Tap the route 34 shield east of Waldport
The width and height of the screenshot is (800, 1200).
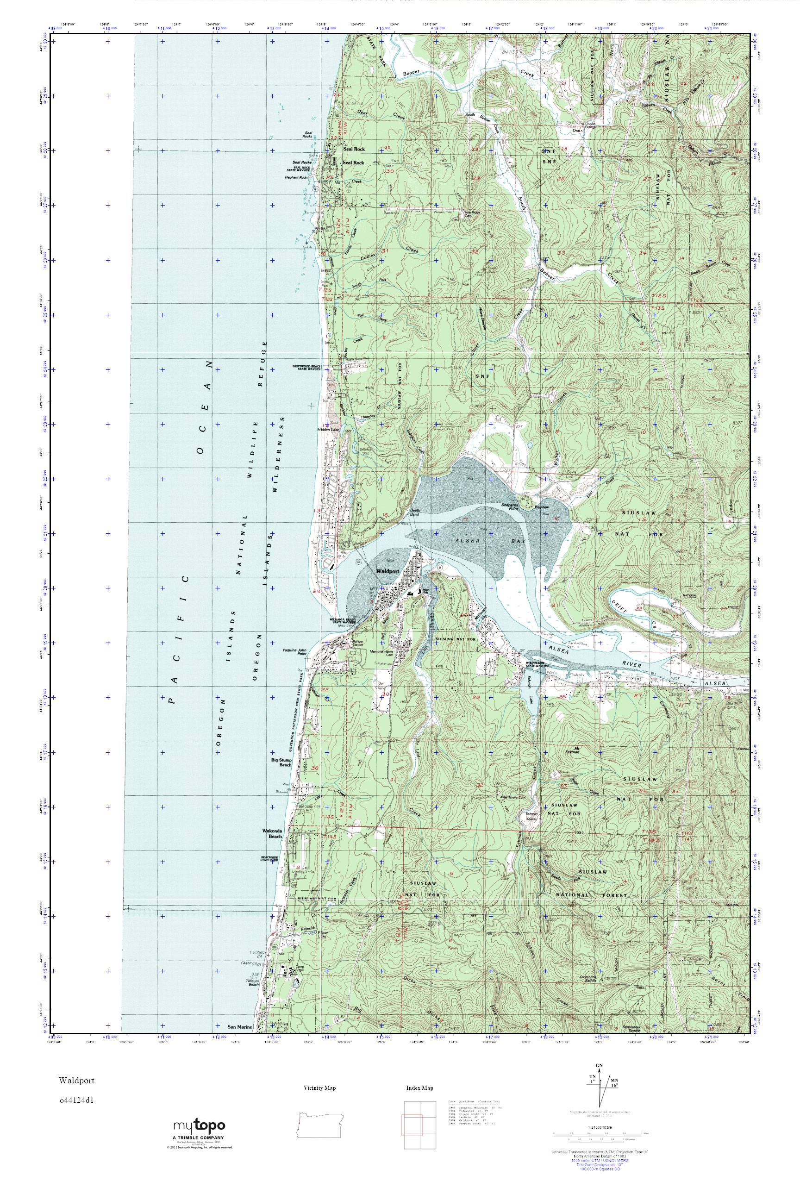pos(439,568)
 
